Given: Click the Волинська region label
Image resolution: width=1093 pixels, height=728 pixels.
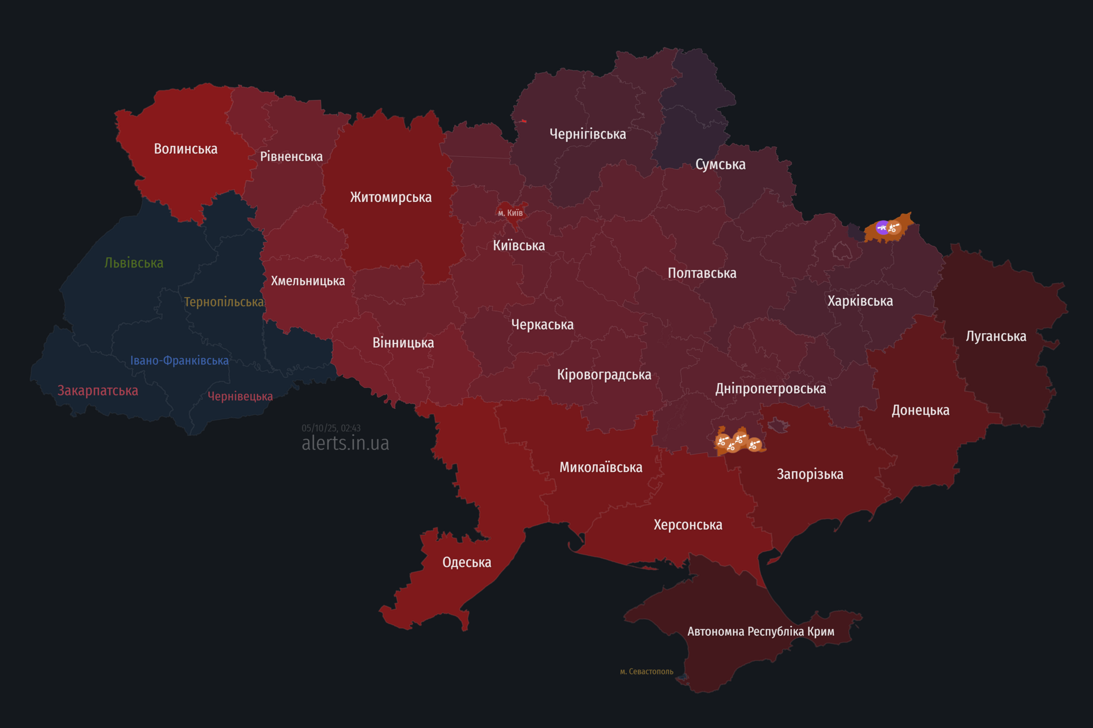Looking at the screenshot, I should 185,149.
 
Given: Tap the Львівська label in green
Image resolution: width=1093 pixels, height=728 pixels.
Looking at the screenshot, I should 134,263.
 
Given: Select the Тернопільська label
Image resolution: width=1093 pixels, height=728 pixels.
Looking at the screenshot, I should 224,302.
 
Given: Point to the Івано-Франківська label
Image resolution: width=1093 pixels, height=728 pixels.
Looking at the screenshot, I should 179,360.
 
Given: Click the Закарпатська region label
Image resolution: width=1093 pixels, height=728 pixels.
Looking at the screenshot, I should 98,390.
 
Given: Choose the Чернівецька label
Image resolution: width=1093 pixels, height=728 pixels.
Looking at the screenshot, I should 240,396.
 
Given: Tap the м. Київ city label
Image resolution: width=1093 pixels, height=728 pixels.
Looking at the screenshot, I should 510,213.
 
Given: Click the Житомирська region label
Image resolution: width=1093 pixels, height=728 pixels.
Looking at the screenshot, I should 391,197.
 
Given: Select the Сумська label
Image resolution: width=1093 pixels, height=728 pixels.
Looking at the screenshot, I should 720,164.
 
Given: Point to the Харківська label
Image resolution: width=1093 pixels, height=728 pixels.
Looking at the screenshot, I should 860,301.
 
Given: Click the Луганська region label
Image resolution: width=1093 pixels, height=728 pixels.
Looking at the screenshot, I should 996,336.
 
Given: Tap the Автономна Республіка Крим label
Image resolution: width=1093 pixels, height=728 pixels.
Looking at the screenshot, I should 761,631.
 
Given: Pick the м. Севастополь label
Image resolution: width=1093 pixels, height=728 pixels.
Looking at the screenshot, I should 647,671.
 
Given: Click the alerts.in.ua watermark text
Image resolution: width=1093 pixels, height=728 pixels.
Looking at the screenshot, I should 345,443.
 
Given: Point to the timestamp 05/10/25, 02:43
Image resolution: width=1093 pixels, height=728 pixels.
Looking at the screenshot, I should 331,428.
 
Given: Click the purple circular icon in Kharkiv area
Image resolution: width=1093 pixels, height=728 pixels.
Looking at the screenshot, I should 882,228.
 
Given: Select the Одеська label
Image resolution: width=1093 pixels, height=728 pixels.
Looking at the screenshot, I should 467,562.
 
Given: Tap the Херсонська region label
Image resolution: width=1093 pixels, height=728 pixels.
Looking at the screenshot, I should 688,525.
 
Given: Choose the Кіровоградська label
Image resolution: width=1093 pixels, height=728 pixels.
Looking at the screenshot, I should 604,375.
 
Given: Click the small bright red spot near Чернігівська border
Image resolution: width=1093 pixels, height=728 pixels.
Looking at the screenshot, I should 523,121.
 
